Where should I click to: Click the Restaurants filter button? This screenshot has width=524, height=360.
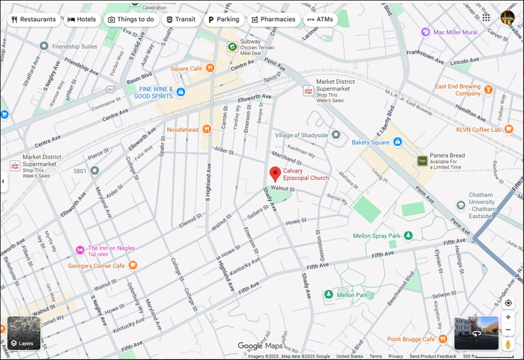click(x=34, y=19)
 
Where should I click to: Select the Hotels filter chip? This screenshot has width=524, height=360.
click(x=82, y=19)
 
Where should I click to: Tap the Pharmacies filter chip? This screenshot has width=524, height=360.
click(x=273, y=19)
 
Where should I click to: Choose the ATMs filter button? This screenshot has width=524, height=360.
click(x=320, y=19)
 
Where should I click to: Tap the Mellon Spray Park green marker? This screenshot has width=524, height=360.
click(x=408, y=236)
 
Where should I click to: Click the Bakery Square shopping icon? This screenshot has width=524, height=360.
click(x=397, y=142)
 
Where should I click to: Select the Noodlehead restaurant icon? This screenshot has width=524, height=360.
click(x=207, y=130)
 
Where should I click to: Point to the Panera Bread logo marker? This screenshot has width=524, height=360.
click(x=423, y=161)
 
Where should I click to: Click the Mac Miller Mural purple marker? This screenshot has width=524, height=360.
click(x=425, y=32)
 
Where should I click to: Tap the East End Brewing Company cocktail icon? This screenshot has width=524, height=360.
click(x=488, y=90)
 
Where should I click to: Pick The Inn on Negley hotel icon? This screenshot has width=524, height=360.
click(x=80, y=250)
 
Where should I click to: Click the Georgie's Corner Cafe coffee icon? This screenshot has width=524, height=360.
click(x=132, y=266)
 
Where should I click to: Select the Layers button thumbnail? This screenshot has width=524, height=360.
click(x=24, y=333)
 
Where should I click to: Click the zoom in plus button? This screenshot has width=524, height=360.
click(x=508, y=317)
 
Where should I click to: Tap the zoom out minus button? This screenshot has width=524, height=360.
click(x=508, y=330)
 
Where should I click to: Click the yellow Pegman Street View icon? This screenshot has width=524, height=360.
click(x=508, y=344)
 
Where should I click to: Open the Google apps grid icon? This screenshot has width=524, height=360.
click(x=486, y=18)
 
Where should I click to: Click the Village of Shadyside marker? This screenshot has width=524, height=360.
click(x=336, y=135)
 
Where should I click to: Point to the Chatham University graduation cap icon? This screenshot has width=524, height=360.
click(x=461, y=205)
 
